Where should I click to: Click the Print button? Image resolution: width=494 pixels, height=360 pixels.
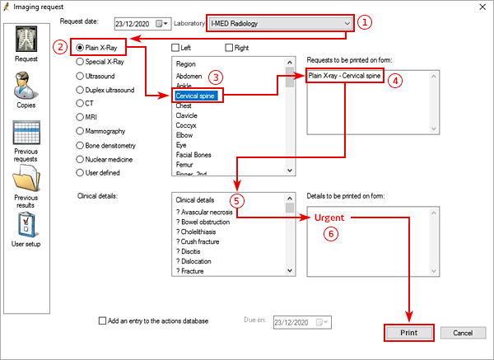pos(409,333)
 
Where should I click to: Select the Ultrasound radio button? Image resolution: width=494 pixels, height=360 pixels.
pos(80,74)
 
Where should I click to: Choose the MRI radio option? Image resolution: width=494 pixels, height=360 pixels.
pos(80,116)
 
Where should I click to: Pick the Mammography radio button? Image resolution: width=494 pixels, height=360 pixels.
pos(80,130)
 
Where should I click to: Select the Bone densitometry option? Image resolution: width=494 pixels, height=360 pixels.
pos(80,145)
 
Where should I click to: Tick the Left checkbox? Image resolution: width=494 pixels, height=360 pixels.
pos(175,48)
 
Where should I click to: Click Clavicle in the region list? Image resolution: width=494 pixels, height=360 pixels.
pos(189,116)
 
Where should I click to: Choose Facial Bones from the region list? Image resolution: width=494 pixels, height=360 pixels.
pos(195,155)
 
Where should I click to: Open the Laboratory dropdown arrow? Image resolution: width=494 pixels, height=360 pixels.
pos(347,23)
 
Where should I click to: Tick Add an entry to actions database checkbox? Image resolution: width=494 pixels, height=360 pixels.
pos(102,320)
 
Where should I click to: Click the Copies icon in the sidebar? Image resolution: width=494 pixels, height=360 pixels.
pos(26,86)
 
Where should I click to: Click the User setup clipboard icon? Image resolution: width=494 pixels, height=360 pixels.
pos(26,226)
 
